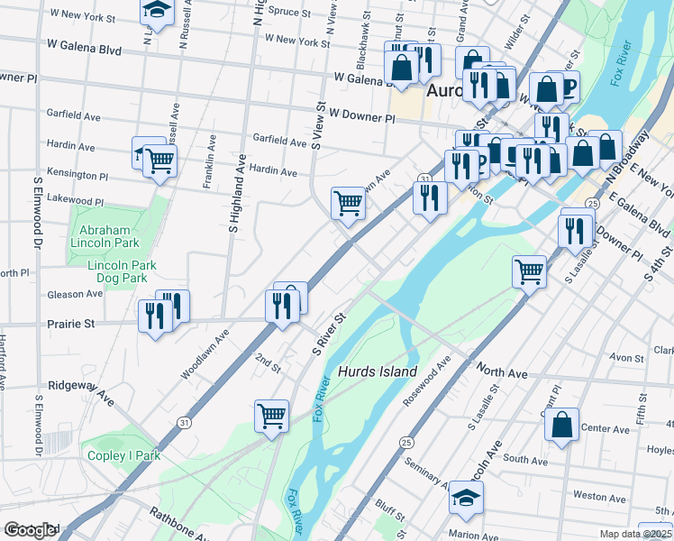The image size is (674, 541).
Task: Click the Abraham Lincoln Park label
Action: click(x=108, y=236)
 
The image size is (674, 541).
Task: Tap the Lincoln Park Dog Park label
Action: click(x=123, y=272)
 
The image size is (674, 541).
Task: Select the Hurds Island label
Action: click(x=378, y=371)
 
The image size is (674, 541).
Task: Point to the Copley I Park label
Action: click(x=123, y=455)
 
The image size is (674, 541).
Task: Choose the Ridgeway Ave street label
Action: click(x=81, y=390)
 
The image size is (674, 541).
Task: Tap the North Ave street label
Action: click(x=502, y=371)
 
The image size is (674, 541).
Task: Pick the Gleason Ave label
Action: click(x=77, y=295)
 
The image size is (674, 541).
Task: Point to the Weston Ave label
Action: click(x=598, y=497)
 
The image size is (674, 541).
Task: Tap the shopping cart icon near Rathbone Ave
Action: click(x=271, y=415)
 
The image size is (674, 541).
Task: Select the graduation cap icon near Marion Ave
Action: click(x=466, y=497)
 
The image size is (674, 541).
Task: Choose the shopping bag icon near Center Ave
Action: click(x=561, y=426)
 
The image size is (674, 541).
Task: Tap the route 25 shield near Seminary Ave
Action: click(x=406, y=443)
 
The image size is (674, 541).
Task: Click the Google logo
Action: click(x=31, y=530)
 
